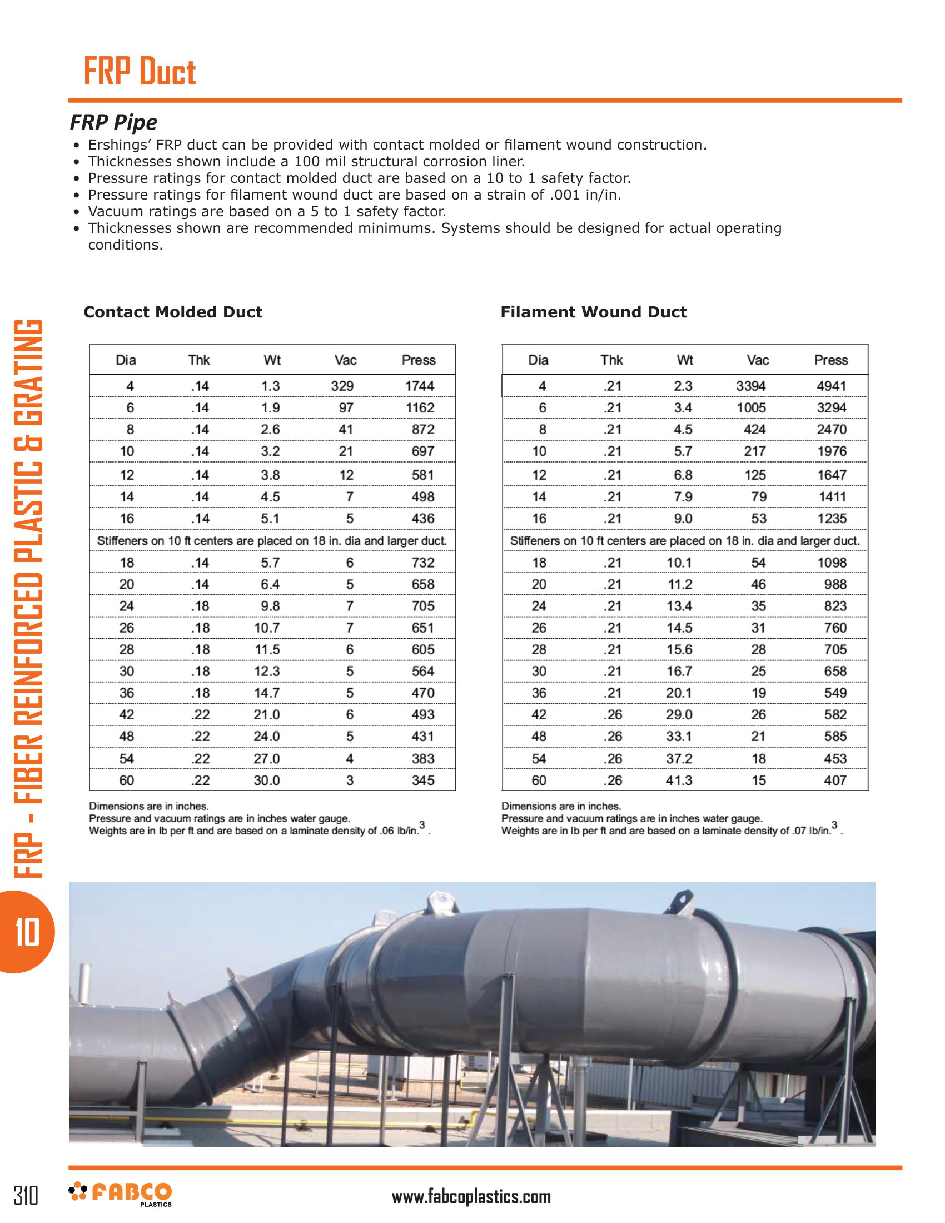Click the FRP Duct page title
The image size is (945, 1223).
(140, 72)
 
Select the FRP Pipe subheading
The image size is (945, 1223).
(113, 122)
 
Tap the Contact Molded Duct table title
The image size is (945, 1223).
(172, 312)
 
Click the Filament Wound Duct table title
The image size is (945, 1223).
(594, 312)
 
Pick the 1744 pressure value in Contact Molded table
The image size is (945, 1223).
(419, 386)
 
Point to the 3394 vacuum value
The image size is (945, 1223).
(751, 386)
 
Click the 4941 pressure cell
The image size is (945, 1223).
(832, 386)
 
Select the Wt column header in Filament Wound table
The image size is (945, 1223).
(685, 360)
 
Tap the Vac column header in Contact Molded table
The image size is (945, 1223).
(345, 360)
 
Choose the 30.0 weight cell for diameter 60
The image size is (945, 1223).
(266, 780)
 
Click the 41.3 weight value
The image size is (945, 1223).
(679, 780)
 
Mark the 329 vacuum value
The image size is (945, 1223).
(342, 386)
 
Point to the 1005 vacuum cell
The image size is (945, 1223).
(751, 407)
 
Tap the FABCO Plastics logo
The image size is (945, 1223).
(121, 1194)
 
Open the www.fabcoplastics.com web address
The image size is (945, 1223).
(471, 1197)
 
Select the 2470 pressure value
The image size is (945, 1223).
(832, 430)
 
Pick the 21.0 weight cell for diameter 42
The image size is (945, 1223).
(266, 714)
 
